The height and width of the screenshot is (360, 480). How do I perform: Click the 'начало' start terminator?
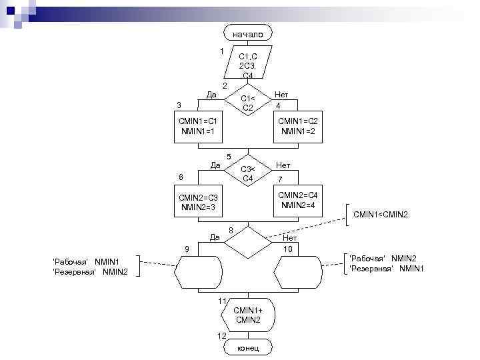point(247,33)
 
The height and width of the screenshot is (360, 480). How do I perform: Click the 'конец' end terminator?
point(247,348)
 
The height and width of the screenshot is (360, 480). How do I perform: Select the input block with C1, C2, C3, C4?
point(247,65)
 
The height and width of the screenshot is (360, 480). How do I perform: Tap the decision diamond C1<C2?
point(247,103)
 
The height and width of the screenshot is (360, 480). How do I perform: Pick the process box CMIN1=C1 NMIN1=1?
point(197,126)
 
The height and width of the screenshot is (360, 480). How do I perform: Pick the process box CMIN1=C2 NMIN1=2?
point(297,126)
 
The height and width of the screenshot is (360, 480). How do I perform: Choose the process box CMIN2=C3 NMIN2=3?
point(197,202)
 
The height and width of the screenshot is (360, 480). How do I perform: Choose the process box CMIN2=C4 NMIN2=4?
point(297,199)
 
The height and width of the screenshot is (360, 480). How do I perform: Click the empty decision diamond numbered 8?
point(247,243)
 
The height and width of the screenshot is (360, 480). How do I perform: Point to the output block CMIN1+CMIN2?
point(247,315)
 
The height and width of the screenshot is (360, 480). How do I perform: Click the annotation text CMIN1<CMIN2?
point(380,214)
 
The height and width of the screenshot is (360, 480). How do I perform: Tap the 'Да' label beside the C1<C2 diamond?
point(211,95)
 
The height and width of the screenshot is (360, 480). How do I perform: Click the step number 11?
point(223,301)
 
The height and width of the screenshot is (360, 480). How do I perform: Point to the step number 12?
point(223,335)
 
